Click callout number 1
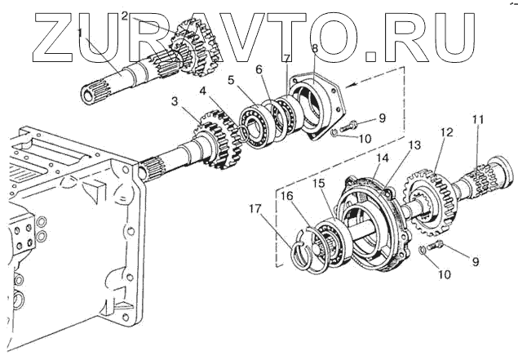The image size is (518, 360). tap(80, 32)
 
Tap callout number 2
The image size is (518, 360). tap(125, 16)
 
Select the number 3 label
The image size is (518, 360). tap(175, 101)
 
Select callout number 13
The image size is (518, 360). tap(415, 144)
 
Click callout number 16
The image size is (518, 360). tap(287, 196)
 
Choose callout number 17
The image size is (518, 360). tap(259, 209)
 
